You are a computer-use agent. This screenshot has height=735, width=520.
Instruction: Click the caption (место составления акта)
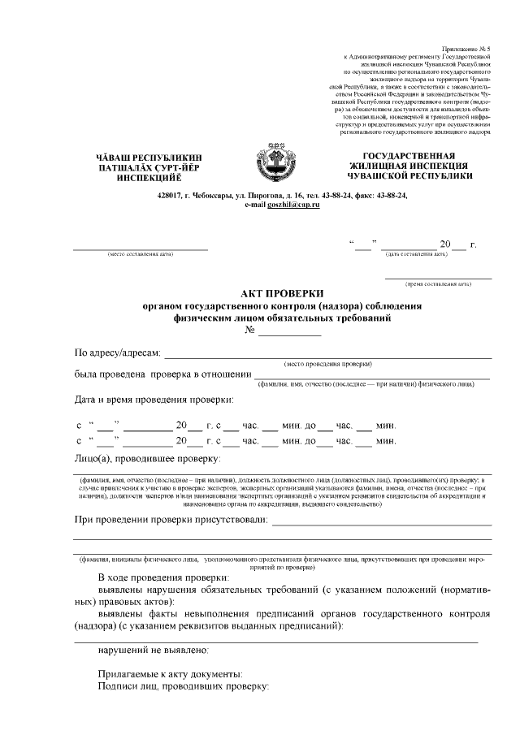click(141, 253)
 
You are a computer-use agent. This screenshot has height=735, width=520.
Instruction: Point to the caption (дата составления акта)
click(416, 253)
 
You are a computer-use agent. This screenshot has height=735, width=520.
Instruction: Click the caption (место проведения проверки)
click(328, 363)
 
